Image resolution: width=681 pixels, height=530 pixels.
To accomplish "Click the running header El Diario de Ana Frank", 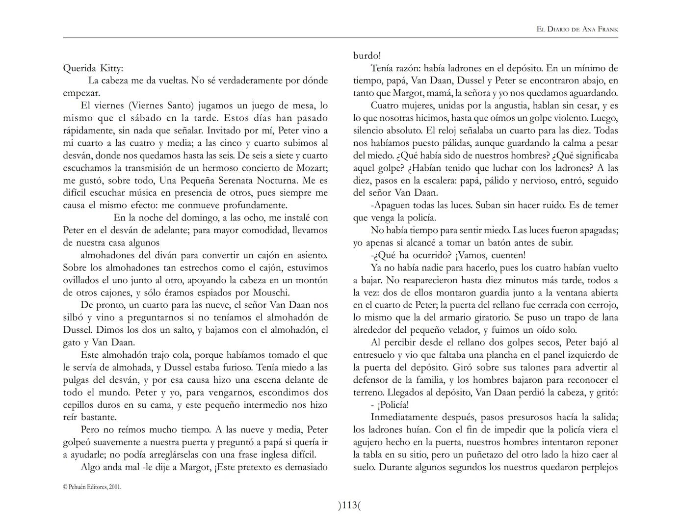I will pos(577,29).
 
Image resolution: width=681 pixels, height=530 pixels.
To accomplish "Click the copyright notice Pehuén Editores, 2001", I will pos(92,487).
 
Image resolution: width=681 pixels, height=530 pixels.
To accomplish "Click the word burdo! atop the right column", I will pos(367,56).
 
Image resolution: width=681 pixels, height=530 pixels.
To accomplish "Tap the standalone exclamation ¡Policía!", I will pos(393,405).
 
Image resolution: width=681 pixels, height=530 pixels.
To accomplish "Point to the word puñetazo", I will pos(492,455).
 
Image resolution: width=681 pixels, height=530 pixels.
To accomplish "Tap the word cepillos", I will pos(80,405).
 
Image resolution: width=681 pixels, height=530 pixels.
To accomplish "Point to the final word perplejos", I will pos(599,467).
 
